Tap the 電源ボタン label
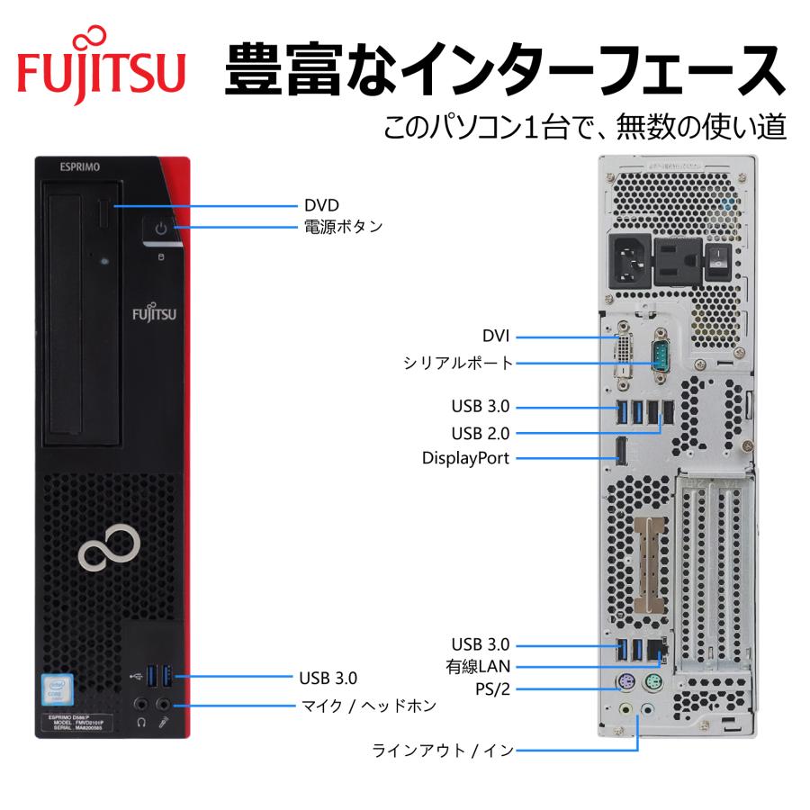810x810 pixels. (342, 227)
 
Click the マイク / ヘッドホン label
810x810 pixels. (366, 706)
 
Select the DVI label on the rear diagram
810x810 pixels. (495, 337)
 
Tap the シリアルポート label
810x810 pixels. (457, 363)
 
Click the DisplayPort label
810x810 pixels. (466, 458)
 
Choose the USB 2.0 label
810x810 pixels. (481, 432)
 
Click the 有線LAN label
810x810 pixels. (478, 667)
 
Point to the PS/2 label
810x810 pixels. (493, 689)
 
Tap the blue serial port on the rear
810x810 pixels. (659, 356)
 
